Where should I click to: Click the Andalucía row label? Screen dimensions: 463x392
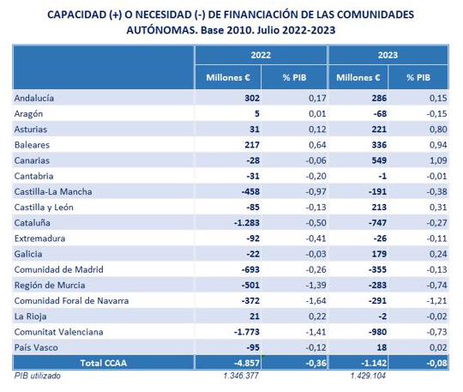(34, 98)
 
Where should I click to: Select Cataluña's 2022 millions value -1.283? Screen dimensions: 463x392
(247, 223)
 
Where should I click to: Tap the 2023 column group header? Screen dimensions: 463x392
(388, 55)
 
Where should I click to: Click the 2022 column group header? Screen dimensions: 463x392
(261, 55)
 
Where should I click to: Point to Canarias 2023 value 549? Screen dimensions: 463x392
(379, 160)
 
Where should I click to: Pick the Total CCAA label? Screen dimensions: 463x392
(104, 363)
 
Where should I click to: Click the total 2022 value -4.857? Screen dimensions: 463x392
(247, 363)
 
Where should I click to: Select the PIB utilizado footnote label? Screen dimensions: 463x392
(37, 376)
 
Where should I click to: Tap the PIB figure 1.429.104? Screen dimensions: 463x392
(368, 376)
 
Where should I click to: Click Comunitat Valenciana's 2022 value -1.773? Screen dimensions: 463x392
(247, 332)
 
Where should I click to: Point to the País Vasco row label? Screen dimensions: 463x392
(36, 347)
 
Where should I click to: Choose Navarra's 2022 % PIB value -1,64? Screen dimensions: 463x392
(316, 301)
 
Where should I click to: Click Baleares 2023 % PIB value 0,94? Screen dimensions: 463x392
(438, 145)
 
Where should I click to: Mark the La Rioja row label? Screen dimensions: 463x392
(30, 317)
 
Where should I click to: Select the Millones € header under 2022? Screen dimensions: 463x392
(228, 77)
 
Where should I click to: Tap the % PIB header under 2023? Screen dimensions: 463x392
(418, 77)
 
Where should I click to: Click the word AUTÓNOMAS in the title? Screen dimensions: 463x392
(162, 30)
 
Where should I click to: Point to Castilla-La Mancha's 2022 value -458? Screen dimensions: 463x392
(250, 191)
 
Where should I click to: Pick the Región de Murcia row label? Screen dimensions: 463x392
(50, 285)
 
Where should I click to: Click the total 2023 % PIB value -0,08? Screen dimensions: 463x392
(436, 363)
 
